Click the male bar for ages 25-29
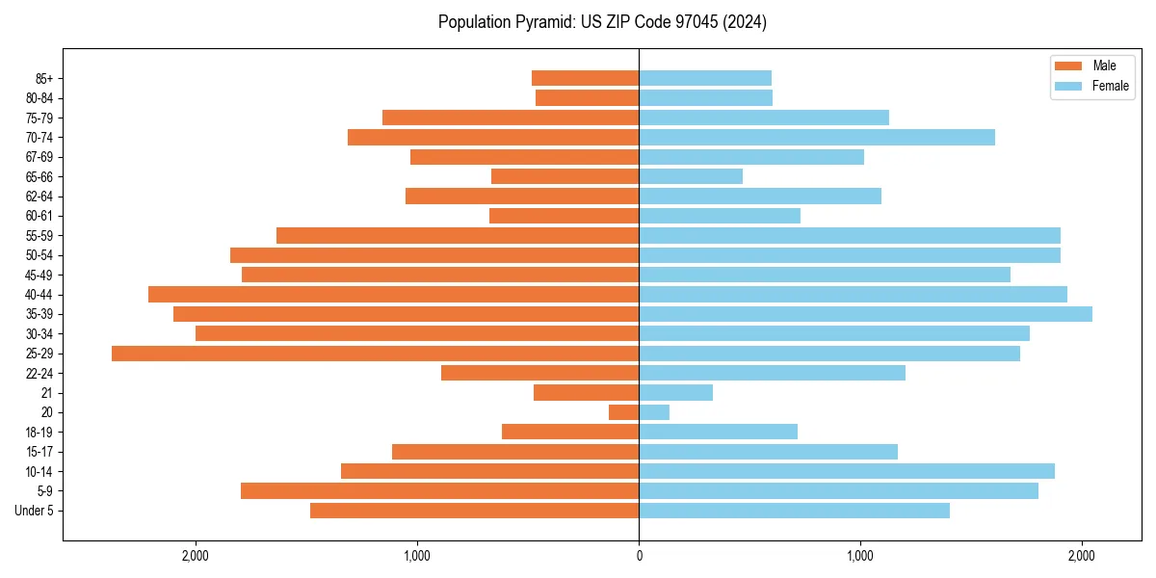tap(375, 354)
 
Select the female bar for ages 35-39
tap(865, 314)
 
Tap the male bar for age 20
tap(624, 412)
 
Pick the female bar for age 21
tap(675, 393)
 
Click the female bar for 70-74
tap(817, 138)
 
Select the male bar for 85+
tap(585, 78)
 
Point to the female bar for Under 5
tap(794, 511)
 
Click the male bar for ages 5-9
tap(439, 491)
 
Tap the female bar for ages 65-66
tap(691, 176)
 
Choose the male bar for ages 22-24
tap(539, 373)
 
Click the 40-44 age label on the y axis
tap(39, 295)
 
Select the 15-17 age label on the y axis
tap(39, 452)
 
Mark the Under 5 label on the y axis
tap(35, 511)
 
